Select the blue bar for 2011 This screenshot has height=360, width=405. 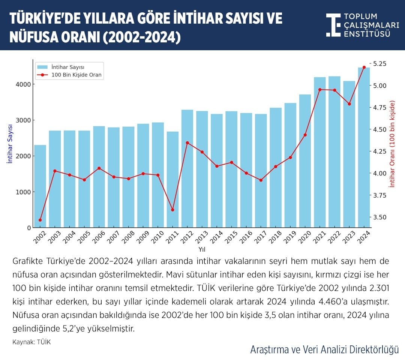173,180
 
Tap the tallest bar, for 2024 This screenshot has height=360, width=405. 364,148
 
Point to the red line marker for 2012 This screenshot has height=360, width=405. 187,143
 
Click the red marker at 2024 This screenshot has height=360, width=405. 364,67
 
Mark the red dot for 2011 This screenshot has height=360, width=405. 173,210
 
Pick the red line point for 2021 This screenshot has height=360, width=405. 320,90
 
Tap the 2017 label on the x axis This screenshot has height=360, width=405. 259,238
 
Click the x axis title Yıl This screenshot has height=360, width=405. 202,249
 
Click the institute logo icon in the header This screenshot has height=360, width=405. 333,25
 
